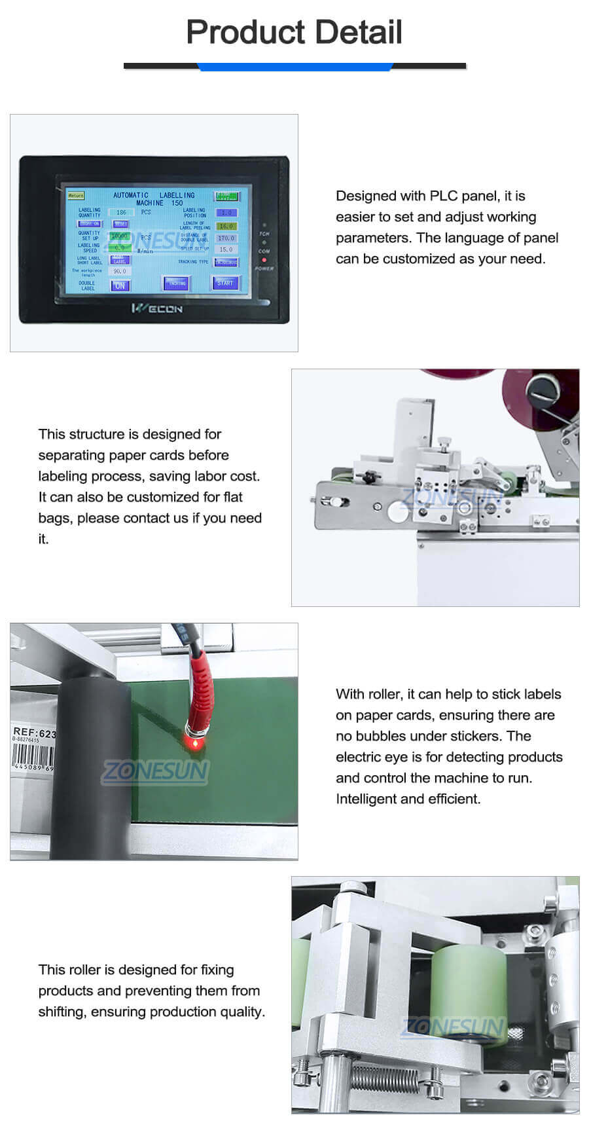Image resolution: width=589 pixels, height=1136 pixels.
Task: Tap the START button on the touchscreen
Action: coord(224,283)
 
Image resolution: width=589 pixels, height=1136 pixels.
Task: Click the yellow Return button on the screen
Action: coord(75,195)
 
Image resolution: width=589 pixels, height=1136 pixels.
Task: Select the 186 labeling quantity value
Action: coord(121,212)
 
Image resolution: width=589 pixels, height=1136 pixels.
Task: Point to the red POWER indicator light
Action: coord(264,260)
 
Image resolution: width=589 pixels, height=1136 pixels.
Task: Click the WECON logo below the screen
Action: coord(156,308)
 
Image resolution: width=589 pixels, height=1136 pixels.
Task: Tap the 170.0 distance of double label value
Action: coord(226,238)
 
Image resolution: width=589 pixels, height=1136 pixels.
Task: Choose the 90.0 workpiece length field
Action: coord(120,271)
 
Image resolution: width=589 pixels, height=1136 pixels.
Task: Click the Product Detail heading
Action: coord(294,31)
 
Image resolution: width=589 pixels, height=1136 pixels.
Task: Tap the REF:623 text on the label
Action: coord(35,733)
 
